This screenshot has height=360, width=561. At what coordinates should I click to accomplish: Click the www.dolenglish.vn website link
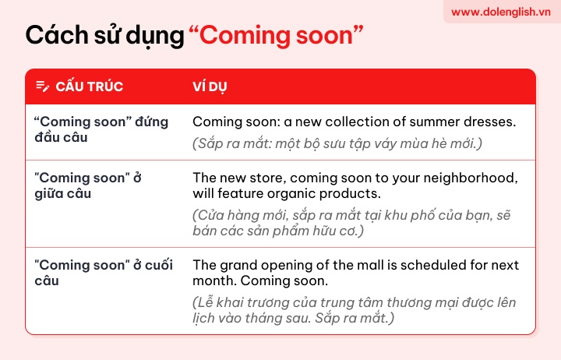coord(500,12)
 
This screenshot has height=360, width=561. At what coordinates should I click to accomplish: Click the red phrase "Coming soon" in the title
coord(276,35)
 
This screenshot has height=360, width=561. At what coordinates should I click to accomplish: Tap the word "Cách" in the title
coord(57,35)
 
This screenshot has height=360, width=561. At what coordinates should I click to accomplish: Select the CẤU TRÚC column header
coord(89,86)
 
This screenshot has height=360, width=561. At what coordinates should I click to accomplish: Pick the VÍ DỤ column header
coord(210,86)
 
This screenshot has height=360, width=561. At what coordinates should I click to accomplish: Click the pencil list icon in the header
coord(43,86)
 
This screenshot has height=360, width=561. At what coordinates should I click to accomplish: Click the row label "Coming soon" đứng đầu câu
coord(101,129)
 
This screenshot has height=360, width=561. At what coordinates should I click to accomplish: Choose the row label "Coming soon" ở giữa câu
coord(88,185)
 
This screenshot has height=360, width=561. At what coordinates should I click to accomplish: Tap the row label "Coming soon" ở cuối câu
coord(104,273)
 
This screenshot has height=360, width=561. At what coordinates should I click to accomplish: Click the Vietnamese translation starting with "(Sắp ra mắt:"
coord(337,144)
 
